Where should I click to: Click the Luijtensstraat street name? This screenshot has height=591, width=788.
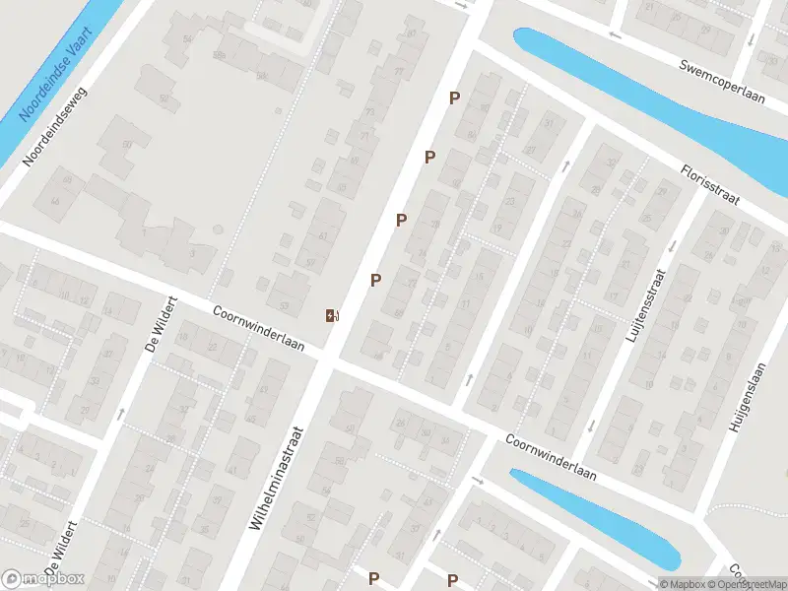pyautogui.click(x=645, y=306)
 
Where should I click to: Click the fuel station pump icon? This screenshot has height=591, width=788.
pyautogui.click(x=332, y=315)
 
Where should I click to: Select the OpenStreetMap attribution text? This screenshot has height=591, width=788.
pyautogui.click(x=745, y=584)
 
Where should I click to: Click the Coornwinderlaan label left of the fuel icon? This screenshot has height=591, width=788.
pyautogui.click(x=260, y=327)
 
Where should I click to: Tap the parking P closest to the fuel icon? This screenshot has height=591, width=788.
pyautogui.click(x=375, y=281)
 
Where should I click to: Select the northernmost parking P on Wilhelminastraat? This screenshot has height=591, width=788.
pyautogui.click(x=454, y=98)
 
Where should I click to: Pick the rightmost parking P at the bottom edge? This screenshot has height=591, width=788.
pyautogui.click(x=452, y=580)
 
